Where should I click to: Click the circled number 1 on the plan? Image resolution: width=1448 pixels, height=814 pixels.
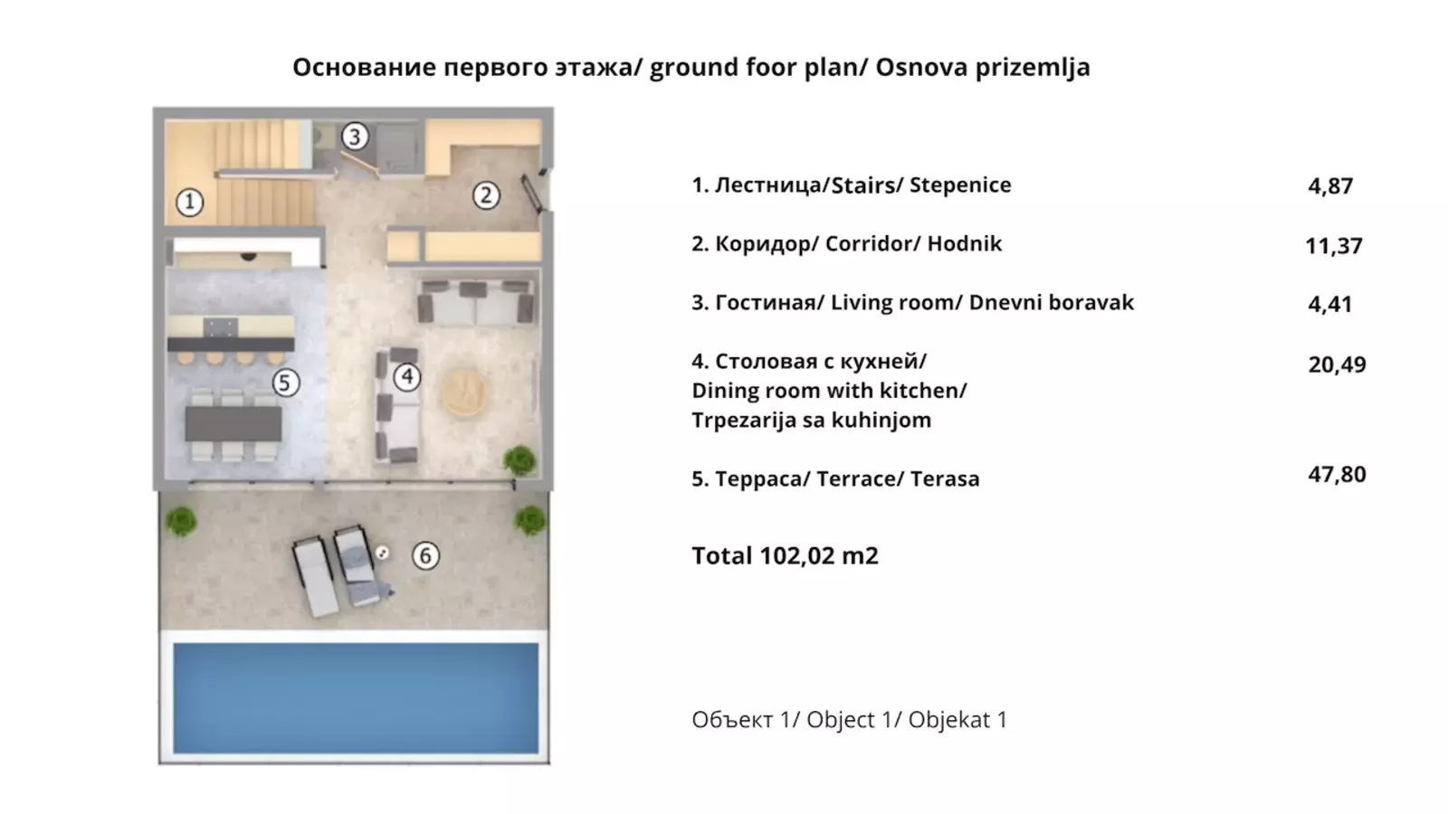click(189, 203)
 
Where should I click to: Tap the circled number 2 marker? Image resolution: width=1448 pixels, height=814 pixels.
click(486, 195)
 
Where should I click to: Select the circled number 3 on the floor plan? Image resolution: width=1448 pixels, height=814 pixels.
click(354, 137)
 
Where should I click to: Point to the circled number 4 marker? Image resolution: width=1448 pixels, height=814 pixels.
click(407, 376)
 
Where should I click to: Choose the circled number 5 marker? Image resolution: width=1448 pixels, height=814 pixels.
click(285, 383)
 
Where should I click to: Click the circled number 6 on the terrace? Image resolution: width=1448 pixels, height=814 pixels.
click(425, 555)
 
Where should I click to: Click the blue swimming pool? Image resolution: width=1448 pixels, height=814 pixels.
click(356, 697)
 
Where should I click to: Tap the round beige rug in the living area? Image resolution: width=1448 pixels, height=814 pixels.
click(464, 393)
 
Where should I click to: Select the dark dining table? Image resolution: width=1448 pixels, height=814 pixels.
click(233, 424)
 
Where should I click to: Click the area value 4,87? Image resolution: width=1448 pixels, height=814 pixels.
click(1330, 186)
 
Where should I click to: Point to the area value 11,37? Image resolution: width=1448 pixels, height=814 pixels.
click(1334, 246)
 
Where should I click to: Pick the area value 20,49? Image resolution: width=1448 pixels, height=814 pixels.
click(1337, 365)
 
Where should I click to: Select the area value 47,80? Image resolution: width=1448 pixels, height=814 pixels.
click(1337, 475)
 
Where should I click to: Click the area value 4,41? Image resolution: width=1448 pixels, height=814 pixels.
click(1330, 304)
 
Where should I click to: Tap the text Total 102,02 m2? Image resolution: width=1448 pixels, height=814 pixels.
click(785, 555)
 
